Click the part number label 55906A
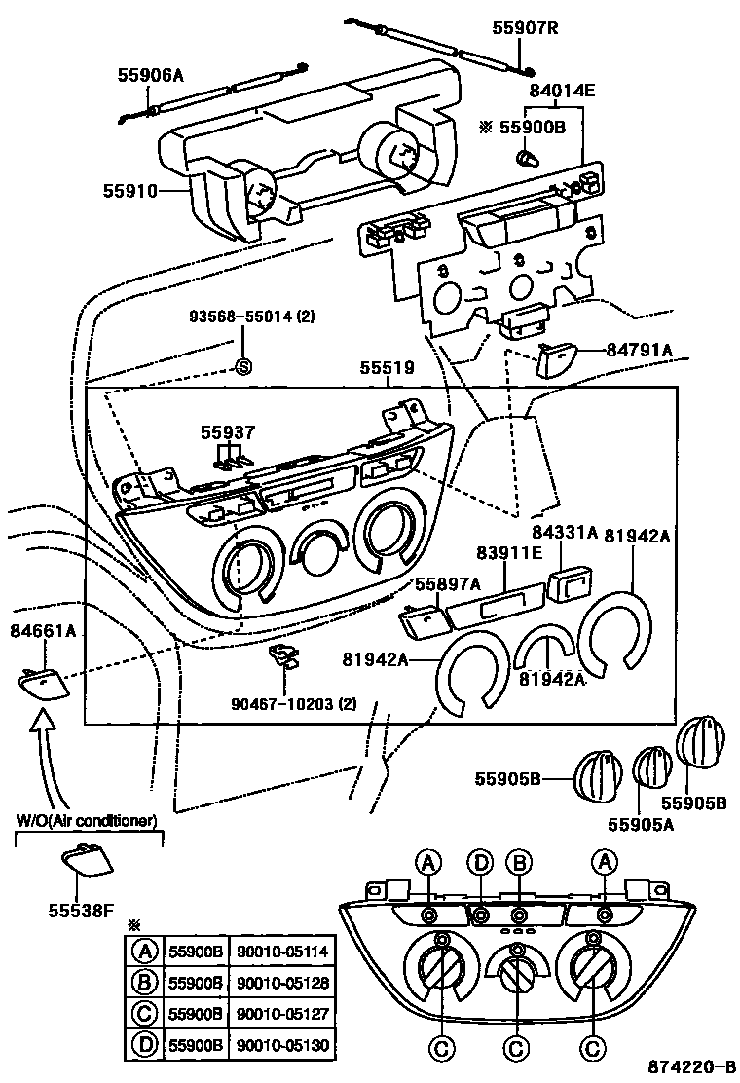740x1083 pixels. pos(151,74)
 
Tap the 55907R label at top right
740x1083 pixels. pos(525,28)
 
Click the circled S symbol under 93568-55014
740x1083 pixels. pos(244,367)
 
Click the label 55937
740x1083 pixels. pos(228,431)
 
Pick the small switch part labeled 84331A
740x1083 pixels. pos(566,583)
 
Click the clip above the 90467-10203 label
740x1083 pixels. pos(283,655)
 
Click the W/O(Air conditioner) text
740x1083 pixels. pos(87,820)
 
